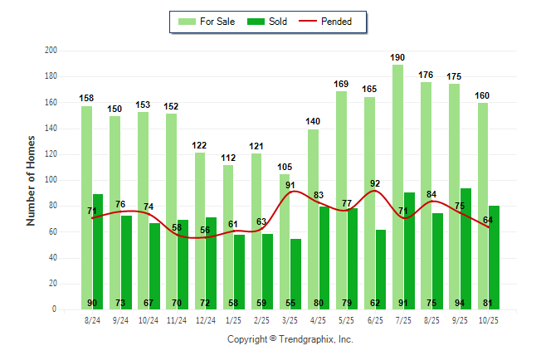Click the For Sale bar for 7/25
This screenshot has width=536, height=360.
click(x=398, y=187)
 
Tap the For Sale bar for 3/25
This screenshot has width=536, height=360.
click(x=285, y=241)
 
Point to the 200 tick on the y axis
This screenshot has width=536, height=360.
click(x=51, y=51)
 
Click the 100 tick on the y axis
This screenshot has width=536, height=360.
click(x=51, y=180)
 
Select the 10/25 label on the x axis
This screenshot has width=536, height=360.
click(x=489, y=319)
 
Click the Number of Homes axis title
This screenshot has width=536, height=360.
click(x=31, y=180)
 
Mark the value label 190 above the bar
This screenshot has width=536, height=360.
click(x=398, y=57)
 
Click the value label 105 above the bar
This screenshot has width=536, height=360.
click(x=285, y=167)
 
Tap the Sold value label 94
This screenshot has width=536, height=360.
click(x=466, y=303)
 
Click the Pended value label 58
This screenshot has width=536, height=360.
click(x=177, y=226)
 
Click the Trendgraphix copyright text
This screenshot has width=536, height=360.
click(x=290, y=339)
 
